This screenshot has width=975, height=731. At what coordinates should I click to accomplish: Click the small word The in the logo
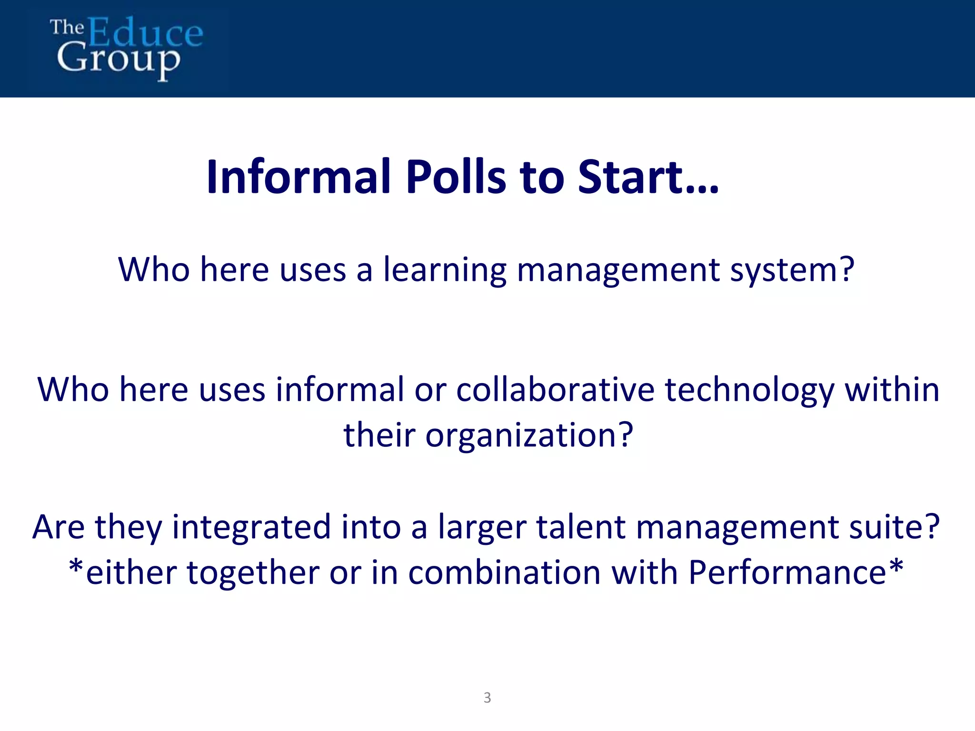coord(67,28)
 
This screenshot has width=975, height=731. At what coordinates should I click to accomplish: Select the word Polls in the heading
coord(456,177)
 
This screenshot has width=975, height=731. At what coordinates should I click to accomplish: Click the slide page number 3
coord(487,698)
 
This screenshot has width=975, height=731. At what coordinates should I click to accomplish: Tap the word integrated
coord(251,528)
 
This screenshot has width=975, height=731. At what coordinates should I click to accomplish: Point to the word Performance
coord(787,573)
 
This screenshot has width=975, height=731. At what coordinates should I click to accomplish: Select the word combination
coord(504,573)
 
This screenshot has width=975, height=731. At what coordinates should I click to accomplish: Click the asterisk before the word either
coord(76,568)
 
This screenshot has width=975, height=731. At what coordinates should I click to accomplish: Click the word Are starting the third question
coord(59,527)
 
